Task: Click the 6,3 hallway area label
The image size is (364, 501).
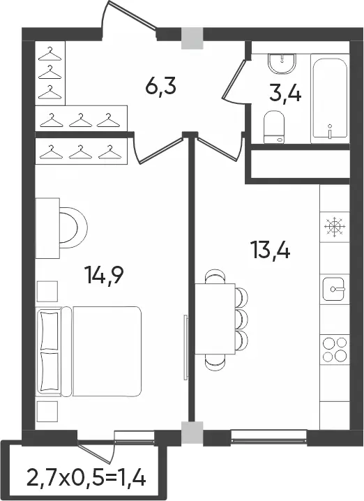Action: coord(160,87)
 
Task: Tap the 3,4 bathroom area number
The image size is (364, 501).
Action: coord(285,94)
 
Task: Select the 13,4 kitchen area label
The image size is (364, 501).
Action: coord(271,250)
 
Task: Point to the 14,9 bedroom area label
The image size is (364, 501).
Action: coord(104,275)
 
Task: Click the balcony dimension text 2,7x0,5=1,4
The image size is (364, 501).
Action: coord(86,477)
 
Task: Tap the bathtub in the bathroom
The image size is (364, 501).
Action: coord(330,98)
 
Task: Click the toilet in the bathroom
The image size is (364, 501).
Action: coord(274,127)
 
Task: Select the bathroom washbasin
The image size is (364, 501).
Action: coord(282,64)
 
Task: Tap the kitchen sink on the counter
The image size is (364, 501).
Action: coord(333,289)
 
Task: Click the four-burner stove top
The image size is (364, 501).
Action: coord(335,350)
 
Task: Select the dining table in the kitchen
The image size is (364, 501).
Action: coord(215,319)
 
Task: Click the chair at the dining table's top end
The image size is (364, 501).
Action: coord(215,277)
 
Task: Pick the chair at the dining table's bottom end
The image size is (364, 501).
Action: coord(215,361)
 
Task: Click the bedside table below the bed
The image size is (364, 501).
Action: coord(47,412)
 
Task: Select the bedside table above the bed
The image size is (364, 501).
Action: coord(47,292)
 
